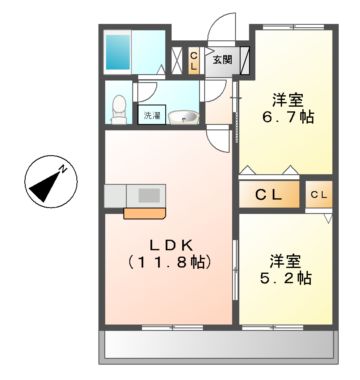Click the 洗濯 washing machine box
[151, 117]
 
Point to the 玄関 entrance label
[222, 60]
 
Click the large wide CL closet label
[267, 193]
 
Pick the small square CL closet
[318, 193]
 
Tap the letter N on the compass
[63, 169]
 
